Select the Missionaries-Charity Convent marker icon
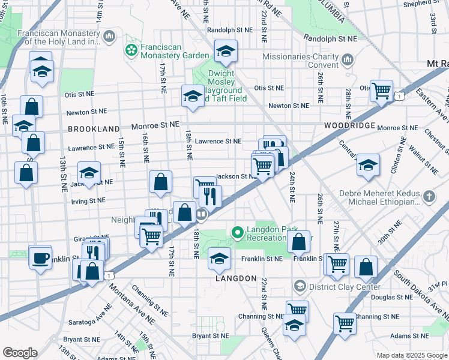(348, 61)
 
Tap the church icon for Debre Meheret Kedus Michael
(429, 196)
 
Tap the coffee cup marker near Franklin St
(40, 258)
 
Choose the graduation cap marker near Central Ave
(367, 166)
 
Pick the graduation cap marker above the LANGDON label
(219, 259)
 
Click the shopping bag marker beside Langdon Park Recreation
(298, 242)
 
